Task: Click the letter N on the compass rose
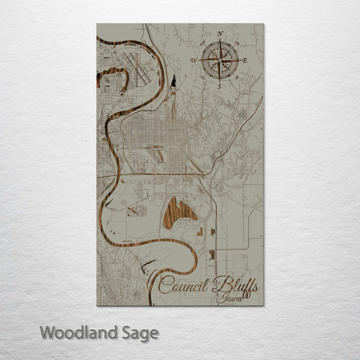tap(220, 34)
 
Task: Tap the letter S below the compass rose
tap(219, 86)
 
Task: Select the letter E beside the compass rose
tap(245, 60)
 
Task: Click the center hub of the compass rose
tap(219, 60)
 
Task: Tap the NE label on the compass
tap(235, 45)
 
